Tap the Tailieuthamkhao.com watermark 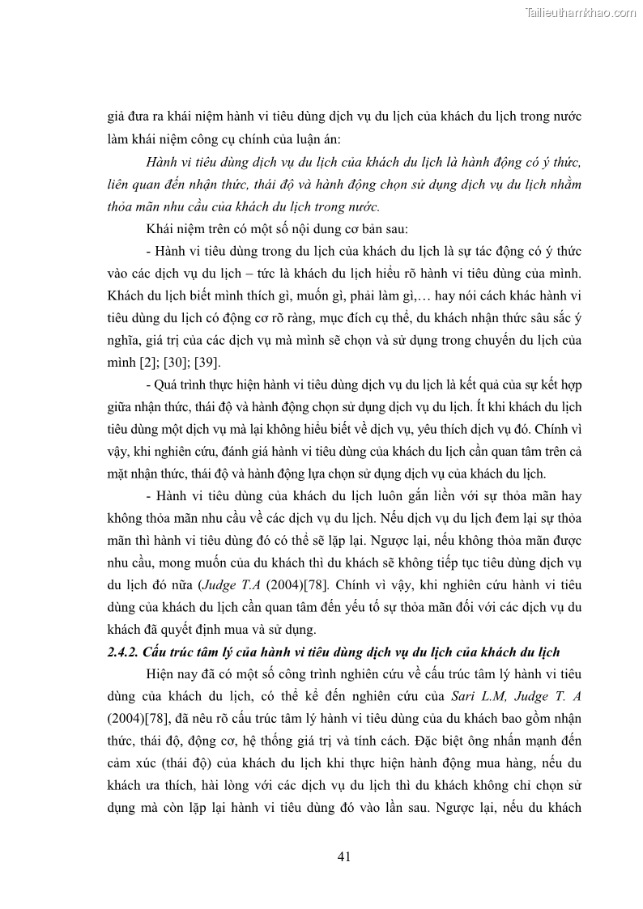(x=581, y=12)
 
